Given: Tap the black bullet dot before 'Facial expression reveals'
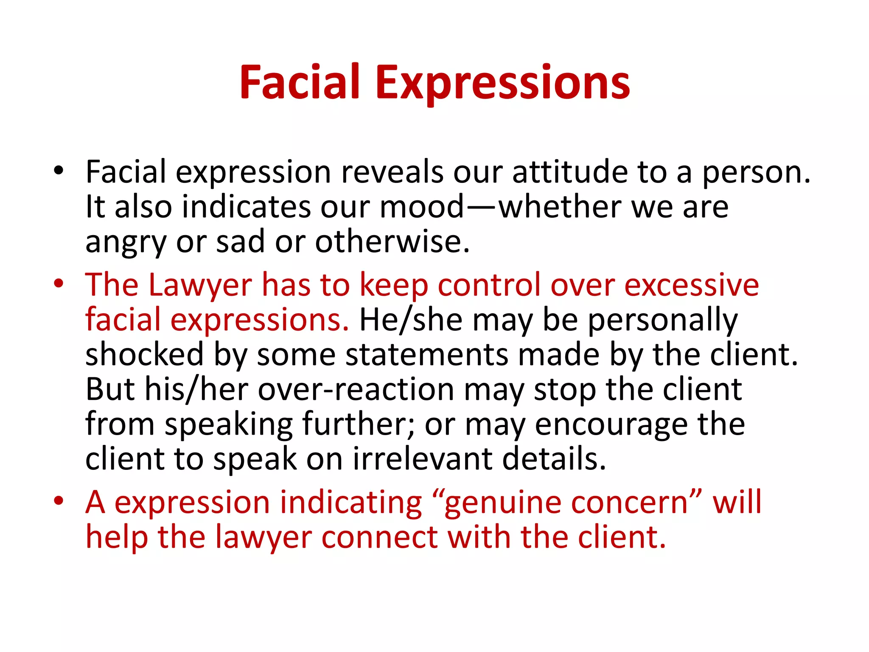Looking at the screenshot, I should coord(59,171).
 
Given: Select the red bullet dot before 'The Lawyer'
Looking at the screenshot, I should coord(59,284).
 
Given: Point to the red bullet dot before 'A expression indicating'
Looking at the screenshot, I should coord(59,501).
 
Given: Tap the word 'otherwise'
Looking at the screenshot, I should coord(392,242).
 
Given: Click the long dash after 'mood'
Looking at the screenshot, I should coord(482,207).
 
